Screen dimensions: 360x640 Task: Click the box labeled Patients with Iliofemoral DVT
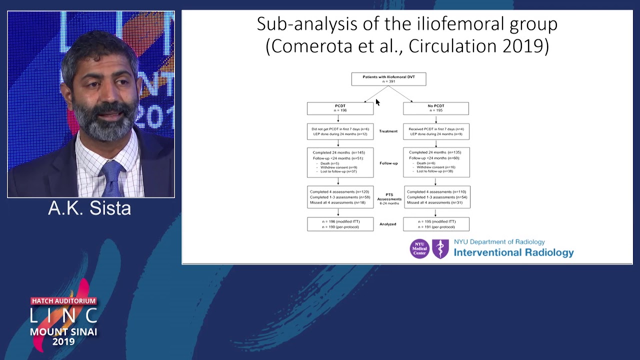pyautogui.click(x=388, y=79)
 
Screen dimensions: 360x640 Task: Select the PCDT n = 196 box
pyautogui.click(x=340, y=108)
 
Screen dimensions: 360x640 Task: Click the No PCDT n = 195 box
pyautogui.click(x=436, y=108)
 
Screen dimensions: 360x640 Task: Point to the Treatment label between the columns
pyautogui.click(x=388, y=131)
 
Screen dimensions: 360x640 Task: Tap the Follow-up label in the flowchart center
pyautogui.click(x=388, y=163)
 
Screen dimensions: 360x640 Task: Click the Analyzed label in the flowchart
pyautogui.click(x=388, y=224)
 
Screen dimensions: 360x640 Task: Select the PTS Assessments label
pyautogui.click(x=389, y=198)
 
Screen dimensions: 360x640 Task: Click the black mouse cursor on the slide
pyautogui.click(x=377, y=102)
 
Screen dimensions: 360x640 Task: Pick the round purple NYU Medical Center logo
pyautogui.click(x=419, y=248)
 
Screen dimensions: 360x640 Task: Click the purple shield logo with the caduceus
pyautogui.click(x=440, y=248)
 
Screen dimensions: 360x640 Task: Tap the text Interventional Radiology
pyautogui.click(x=513, y=252)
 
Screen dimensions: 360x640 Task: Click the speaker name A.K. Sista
pyautogui.click(x=89, y=208)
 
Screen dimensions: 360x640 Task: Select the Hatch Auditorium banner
pyautogui.click(x=63, y=301)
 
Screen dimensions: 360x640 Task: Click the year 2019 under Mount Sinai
pyautogui.click(x=63, y=342)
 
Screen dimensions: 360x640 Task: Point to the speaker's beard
pyautogui.click(x=107, y=122)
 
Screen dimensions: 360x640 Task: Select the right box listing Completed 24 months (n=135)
pyautogui.click(x=436, y=162)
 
